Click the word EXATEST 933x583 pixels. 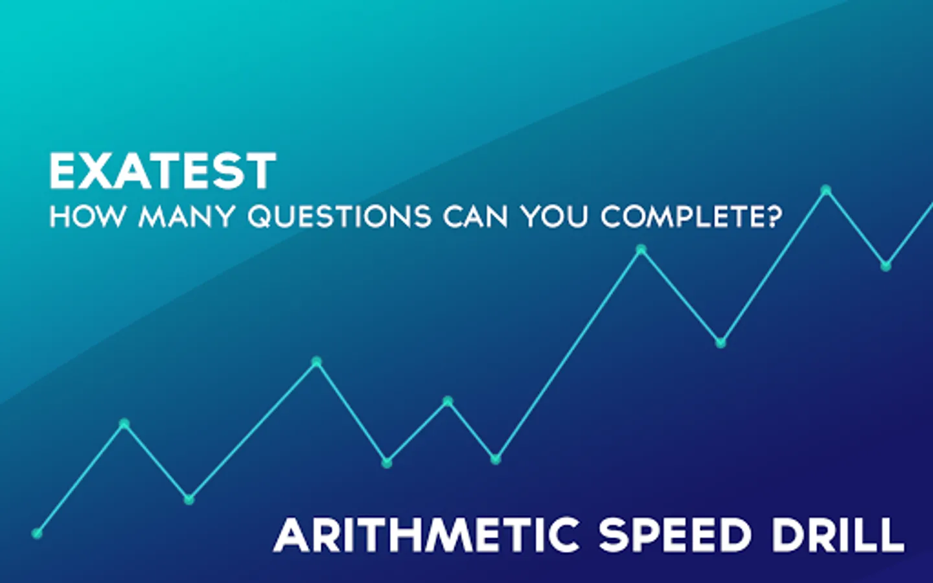click(163, 171)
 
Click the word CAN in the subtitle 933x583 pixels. click(476, 216)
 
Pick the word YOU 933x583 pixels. click(553, 216)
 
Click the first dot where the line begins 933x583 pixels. click(37, 533)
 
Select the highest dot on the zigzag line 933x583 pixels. click(826, 190)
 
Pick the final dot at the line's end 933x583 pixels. click(886, 266)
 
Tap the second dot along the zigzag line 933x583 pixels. click(124, 424)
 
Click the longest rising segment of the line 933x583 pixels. click(568, 354)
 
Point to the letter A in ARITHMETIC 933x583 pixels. click(292, 534)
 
